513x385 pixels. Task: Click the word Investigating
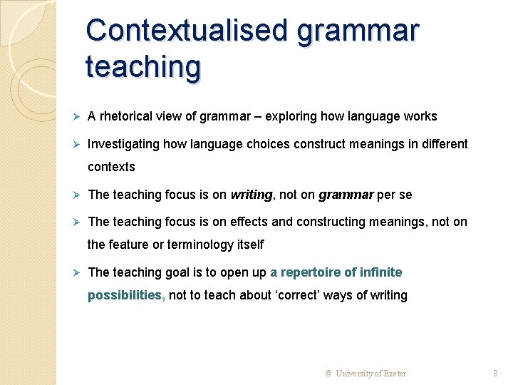click(x=123, y=144)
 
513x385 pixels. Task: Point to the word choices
click(x=269, y=144)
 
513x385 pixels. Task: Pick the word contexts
click(x=111, y=167)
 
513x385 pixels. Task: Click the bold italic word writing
click(x=252, y=195)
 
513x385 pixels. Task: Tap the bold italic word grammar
click(x=346, y=195)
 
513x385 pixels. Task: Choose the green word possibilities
click(x=125, y=295)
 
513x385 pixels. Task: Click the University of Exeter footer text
click(x=370, y=373)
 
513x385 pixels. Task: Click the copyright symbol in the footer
click(x=328, y=373)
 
